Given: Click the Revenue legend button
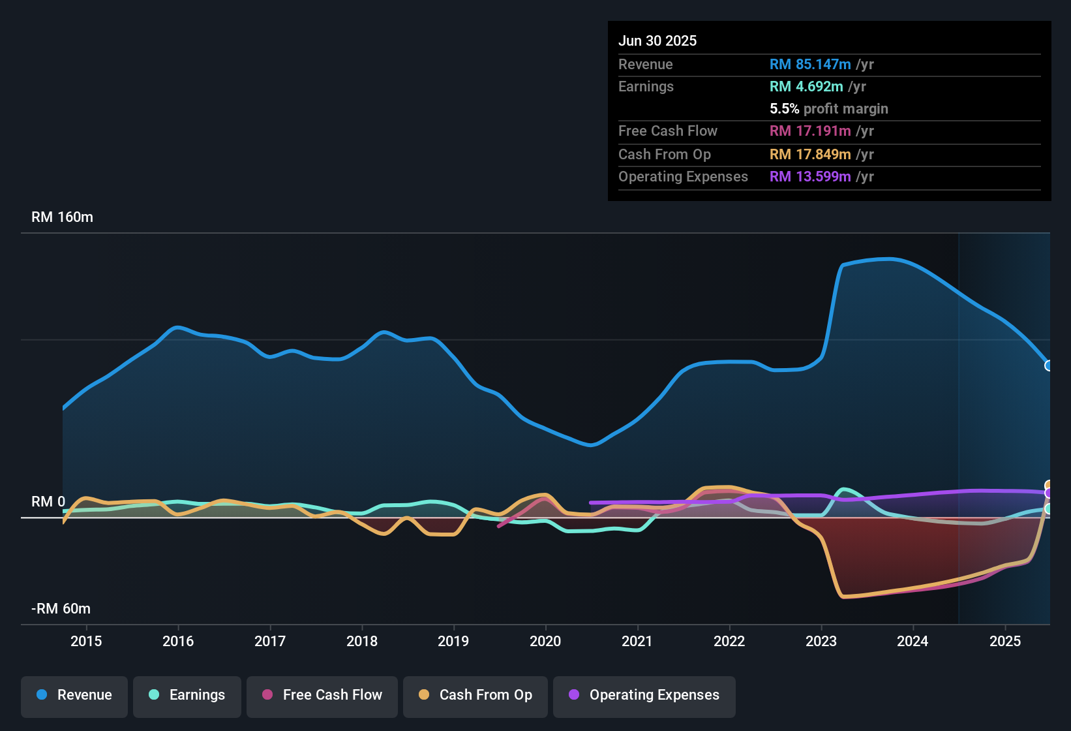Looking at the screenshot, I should click(x=74, y=695).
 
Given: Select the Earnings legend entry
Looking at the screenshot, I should click(x=187, y=695).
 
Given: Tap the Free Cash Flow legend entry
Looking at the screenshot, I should click(x=322, y=695).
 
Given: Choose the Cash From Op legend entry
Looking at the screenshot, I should click(x=475, y=695).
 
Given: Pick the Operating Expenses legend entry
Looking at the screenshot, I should click(x=644, y=695).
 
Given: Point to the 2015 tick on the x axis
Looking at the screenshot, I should click(x=86, y=641).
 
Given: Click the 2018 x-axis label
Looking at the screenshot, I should click(x=362, y=641).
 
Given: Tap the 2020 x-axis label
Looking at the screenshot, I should click(x=545, y=641).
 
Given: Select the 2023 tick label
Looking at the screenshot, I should click(x=821, y=641).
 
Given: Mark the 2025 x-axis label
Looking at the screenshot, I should click(x=1005, y=641).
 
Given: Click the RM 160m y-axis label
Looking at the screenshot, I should click(x=62, y=217).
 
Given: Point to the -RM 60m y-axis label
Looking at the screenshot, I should click(x=61, y=609).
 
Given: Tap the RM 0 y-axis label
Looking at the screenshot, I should click(x=48, y=502).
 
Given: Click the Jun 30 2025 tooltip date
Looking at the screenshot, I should click(x=657, y=41).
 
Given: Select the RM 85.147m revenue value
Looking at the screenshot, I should click(x=810, y=65).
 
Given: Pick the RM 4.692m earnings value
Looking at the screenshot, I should click(x=806, y=87).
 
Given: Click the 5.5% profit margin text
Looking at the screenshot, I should click(x=829, y=109).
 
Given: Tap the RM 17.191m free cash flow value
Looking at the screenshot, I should click(x=810, y=131).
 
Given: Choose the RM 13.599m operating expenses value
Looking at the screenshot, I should click(x=810, y=177).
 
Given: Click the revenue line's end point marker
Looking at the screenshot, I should click(x=1048, y=365).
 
